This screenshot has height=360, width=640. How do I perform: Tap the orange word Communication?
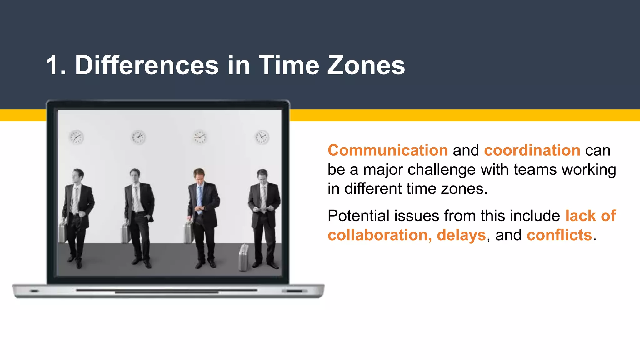(387, 150)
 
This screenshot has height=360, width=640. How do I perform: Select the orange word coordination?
(532, 150)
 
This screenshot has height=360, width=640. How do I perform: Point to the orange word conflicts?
(559, 235)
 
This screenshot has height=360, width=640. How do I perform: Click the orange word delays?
(461, 235)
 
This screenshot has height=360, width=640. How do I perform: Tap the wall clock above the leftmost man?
(76, 137)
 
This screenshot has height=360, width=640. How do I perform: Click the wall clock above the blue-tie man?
(200, 137)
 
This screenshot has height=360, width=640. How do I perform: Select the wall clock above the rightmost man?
(262, 137)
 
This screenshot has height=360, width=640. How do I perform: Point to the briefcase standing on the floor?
(243, 257)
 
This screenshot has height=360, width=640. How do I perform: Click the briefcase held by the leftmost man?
(62, 232)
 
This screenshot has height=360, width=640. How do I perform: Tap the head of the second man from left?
(135, 176)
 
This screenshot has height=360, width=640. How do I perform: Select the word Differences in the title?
(147, 65)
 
